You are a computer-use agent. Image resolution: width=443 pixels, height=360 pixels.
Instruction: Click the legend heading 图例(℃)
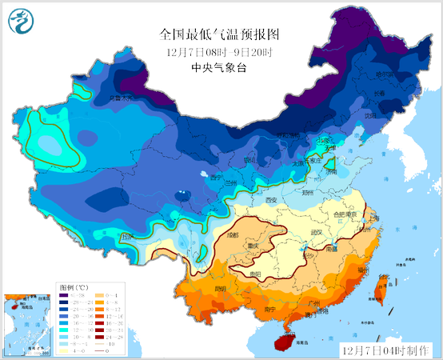pyautogui.click(x=74, y=286)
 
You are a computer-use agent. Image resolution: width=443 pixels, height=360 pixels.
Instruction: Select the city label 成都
pyautogui.click(x=233, y=235)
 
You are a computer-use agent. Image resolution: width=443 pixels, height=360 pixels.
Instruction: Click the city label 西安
pyautogui.click(x=270, y=199)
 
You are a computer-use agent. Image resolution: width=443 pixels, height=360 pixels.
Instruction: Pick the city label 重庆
pyautogui.click(x=256, y=246)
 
